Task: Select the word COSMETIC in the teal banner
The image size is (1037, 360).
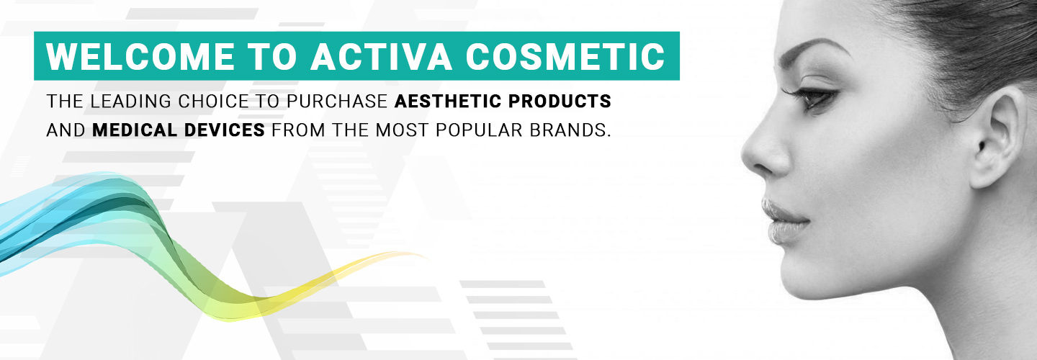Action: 565,57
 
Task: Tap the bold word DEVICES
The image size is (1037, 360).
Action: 225,130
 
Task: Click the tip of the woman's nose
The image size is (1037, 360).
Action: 743,153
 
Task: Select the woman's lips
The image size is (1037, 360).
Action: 782,222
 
